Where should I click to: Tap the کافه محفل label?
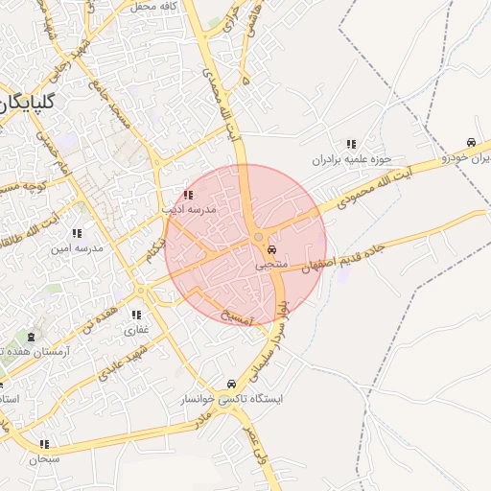click(156, 7)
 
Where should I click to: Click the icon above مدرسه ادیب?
click(187, 194)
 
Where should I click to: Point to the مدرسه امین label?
click(77, 247)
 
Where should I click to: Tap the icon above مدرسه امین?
click(76, 233)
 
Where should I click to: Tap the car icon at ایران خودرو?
click(470, 143)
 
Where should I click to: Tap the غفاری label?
click(136, 329)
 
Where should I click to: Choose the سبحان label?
click(44, 458)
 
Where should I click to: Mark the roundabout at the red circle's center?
click(258, 238)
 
